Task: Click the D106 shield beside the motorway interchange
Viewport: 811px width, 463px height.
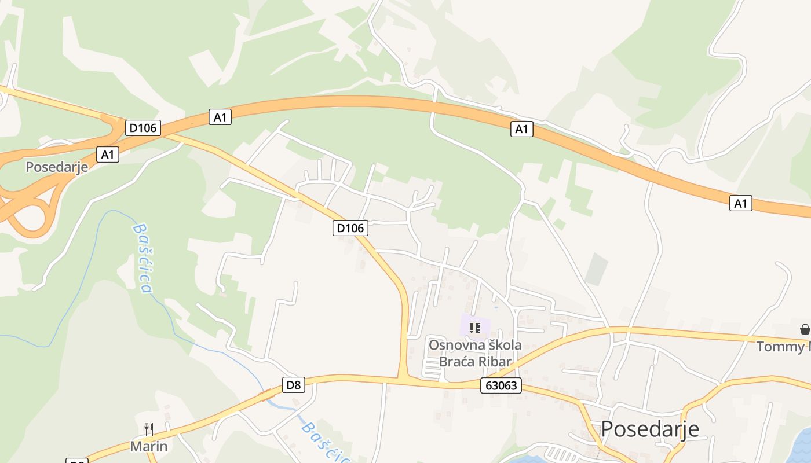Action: click(143, 127)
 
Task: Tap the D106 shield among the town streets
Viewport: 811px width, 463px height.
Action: click(350, 228)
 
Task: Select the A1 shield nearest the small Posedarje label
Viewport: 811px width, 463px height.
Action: click(107, 155)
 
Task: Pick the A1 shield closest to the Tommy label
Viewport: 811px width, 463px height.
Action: click(740, 203)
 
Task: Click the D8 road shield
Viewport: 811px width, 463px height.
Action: click(294, 385)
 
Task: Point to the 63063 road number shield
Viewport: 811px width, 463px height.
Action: click(501, 385)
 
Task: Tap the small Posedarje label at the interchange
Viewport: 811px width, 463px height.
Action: click(57, 167)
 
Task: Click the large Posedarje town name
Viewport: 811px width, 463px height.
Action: click(649, 429)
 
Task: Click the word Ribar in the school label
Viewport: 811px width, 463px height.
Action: click(493, 362)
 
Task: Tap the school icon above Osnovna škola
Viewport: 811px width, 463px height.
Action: click(475, 328)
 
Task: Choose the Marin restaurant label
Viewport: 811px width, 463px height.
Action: click(149, 446)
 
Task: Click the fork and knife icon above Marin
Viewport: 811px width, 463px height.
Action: click(149, 429)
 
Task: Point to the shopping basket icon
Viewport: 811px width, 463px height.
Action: click(805, 329)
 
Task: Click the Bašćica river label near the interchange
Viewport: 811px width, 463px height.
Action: click(143, 258)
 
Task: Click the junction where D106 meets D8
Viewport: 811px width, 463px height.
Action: click(403, 379)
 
